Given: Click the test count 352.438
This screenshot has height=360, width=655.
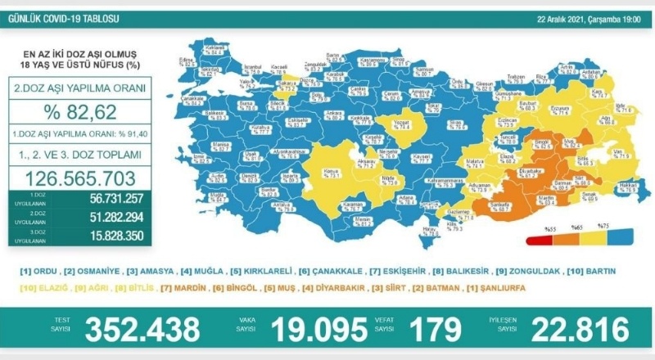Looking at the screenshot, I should click(x=142, y=329).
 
